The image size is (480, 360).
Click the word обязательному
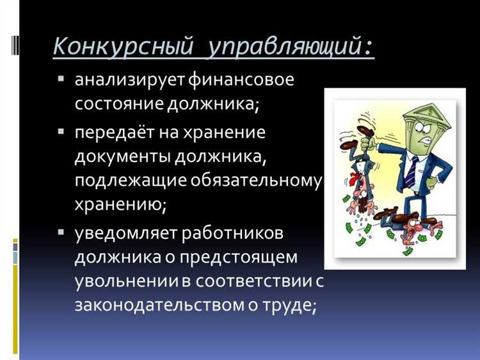click(255, 181)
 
